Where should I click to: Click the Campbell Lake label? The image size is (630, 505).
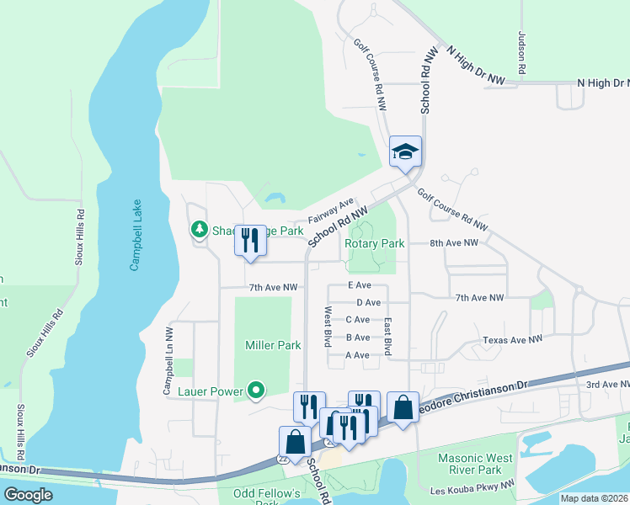tap(135, 236)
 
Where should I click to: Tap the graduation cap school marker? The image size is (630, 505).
tap(405, 152)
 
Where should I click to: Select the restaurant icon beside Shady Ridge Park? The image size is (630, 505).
tap(250, 241)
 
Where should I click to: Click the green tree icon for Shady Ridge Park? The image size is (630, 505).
tap(199, 229)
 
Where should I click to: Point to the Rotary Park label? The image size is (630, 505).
tap(375, 243)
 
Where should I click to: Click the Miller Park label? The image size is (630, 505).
tap(273, 345)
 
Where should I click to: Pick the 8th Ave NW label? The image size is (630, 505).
tap(453, 242)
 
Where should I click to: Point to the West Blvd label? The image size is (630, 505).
tap(328, 327)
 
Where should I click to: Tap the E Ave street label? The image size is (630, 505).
tap(360, 285)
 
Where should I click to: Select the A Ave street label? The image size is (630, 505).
tap(358, 355)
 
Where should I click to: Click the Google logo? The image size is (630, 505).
tap(28, 495)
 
